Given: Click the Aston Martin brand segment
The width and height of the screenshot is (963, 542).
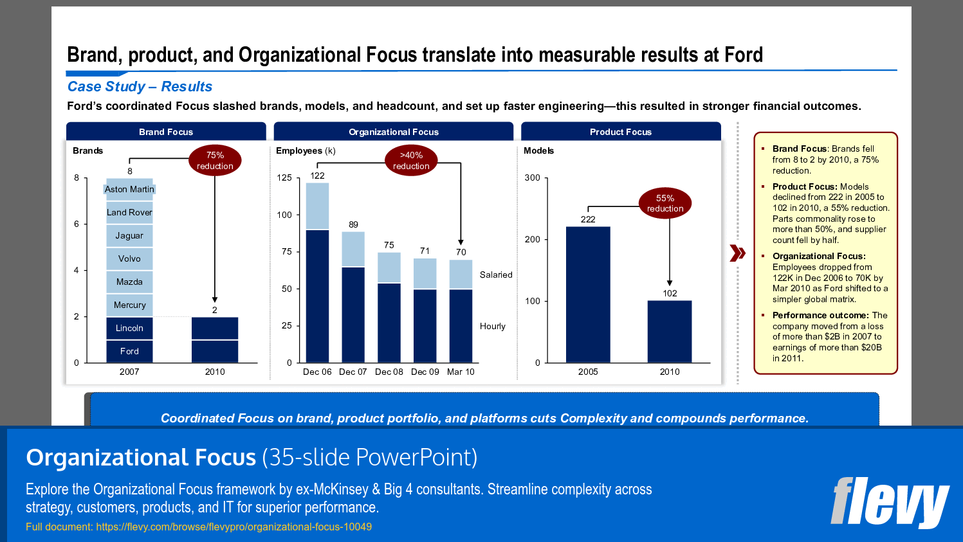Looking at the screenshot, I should pos(129,189).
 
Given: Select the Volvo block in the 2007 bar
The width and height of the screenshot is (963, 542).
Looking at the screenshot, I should pos(129,258).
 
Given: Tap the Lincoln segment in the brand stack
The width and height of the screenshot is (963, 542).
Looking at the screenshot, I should pos(129,328).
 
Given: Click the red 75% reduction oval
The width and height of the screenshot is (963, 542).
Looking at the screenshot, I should pos(215,160).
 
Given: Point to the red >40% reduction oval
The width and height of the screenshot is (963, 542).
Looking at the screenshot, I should pos(411,160).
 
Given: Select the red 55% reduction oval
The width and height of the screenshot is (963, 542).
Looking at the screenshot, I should pos(665,203).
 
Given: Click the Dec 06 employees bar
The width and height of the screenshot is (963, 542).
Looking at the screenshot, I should pos(317,273).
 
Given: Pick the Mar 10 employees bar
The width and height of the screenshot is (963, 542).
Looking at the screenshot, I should pos(461,311).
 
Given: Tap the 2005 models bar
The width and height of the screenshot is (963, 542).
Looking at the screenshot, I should pos(588,294).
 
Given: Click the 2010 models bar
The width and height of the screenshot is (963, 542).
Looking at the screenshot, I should pos(670,331).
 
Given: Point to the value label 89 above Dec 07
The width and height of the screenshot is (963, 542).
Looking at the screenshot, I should pos(353,224).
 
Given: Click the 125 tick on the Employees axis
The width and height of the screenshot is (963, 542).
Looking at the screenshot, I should pos(284,177).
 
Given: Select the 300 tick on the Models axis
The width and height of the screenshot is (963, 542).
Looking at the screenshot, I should pos(532,177).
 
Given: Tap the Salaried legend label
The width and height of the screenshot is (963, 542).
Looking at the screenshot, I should pos(496,275).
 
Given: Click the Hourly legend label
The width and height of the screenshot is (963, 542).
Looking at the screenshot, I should pos(493,326).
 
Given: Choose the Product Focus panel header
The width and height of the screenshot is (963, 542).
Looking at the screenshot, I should pos(621,132).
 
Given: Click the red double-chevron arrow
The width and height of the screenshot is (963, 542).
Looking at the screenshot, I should pos(738,253).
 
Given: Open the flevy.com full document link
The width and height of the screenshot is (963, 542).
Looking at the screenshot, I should pos(234,527).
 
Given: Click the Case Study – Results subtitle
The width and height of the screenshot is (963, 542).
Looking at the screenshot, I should pos(140,87).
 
